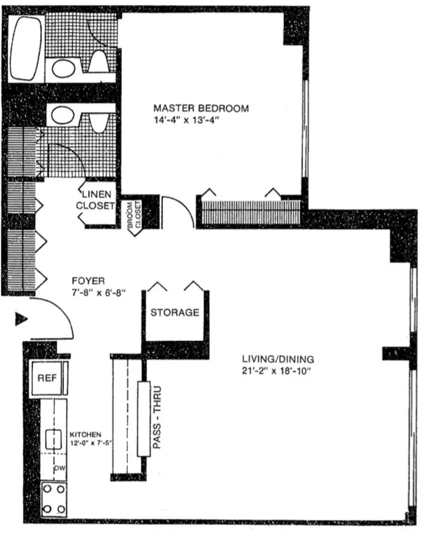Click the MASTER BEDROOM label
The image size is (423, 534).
tap(201, 108)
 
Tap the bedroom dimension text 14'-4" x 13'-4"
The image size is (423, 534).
tap(187, 120)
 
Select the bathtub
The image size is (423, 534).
tap(26, 47)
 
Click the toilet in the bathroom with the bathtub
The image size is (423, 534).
tap(100, 62)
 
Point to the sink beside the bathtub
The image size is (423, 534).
tap(64, 68)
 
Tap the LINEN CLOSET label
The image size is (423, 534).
tap(95, 200)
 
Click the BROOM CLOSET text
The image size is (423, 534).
tap(134, 216)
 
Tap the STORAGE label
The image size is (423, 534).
tap(175, 312)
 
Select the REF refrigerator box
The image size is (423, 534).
tap(48, 377)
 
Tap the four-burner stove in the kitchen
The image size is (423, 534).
tap(54, 498)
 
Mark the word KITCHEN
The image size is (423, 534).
tap(85, 434)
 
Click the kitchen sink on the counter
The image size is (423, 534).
tap(53, 439)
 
